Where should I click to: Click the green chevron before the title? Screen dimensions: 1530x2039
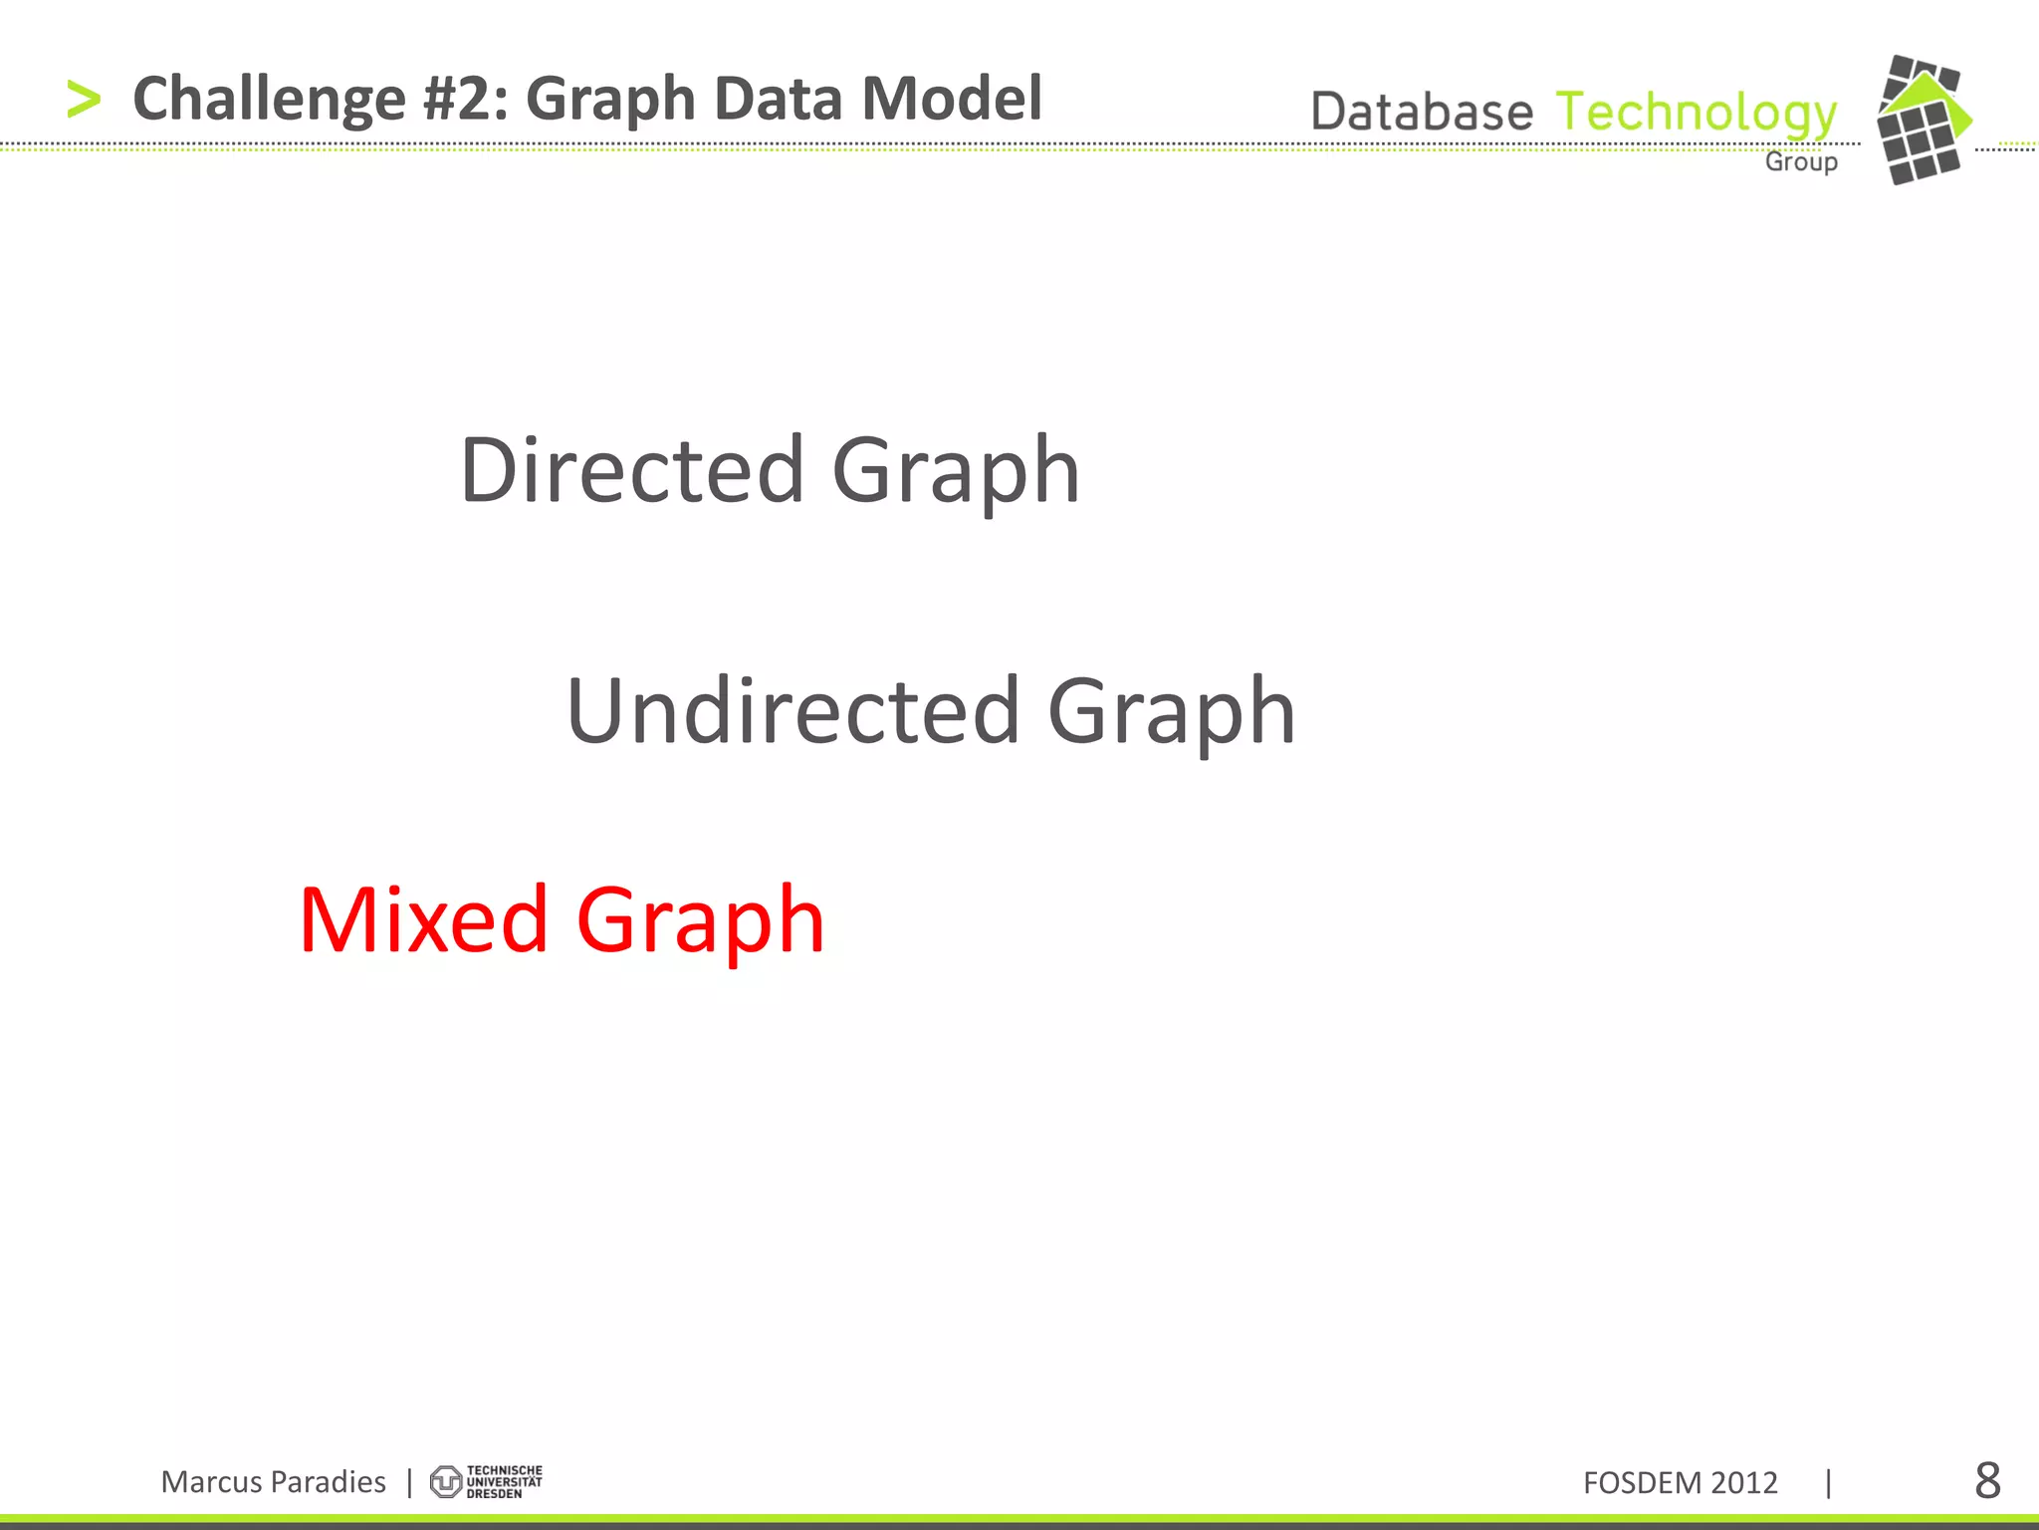click(84, 101)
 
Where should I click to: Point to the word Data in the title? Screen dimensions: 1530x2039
click(778, 99)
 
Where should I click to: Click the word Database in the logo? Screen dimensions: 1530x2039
click(1422, 112)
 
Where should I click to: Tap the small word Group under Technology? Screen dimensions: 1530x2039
click(1801, 161)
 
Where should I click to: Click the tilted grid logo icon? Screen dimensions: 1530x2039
click(1923, 120)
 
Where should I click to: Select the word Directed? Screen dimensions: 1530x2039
click(632, 469)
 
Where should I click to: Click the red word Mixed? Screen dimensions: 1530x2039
click(423, 919)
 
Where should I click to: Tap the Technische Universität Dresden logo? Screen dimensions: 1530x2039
click(486, 1481)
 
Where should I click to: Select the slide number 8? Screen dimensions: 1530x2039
click(1987, 1481)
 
